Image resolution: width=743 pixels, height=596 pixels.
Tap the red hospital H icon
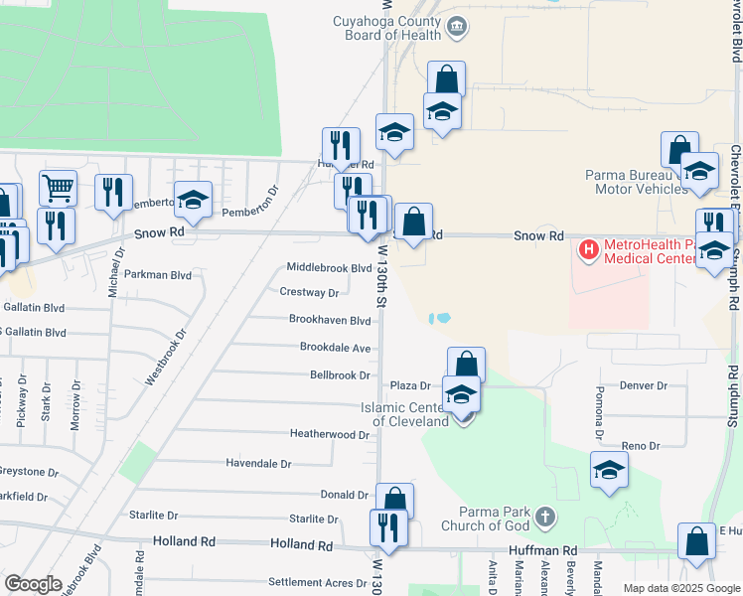point(588,248)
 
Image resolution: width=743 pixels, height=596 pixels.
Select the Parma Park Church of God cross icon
point(543,517)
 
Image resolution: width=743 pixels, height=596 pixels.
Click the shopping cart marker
point(58,187)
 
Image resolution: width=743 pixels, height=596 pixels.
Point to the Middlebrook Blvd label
point(329,268)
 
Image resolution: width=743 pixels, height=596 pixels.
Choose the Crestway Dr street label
point(309,293)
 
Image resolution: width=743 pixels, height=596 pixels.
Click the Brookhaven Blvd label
point(330,321)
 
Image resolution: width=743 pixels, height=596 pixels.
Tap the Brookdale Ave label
point(335,348)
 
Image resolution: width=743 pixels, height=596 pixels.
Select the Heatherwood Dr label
point(329,434)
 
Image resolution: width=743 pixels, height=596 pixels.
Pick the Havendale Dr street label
point(258,463)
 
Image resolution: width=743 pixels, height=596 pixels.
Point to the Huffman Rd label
point(542,550)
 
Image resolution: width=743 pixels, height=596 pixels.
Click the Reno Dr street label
point(640,446)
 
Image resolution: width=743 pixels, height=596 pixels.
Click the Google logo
point(33,584)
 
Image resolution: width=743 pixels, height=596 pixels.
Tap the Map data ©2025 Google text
point(681,588)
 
